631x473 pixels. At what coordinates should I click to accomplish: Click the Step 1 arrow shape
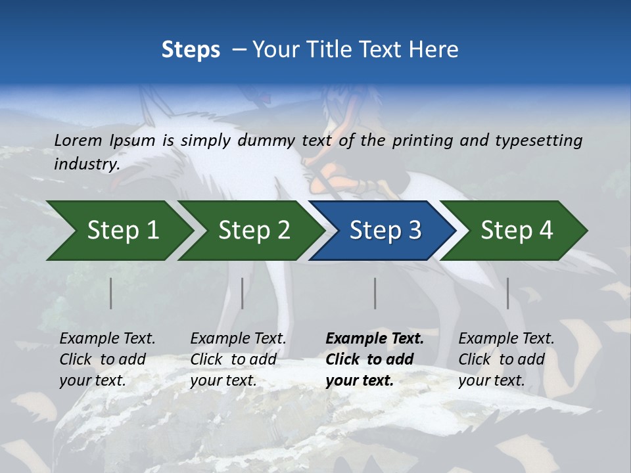[118, 231]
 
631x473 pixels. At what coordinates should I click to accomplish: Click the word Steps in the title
[191, 50]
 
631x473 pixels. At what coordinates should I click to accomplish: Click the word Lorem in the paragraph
[78, 140]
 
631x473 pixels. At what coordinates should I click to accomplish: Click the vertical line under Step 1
[110, 293]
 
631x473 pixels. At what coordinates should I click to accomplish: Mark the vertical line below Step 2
[242, 293]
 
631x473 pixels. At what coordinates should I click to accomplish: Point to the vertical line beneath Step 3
[375, 293]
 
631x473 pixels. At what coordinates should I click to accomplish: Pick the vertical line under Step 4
[507, 293]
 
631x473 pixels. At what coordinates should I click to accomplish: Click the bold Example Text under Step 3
[375, 339]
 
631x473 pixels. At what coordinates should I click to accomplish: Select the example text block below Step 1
[107, 359]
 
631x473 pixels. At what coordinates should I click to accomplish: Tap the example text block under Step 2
[238, 359]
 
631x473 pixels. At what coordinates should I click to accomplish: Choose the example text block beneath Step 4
[506, 359]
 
